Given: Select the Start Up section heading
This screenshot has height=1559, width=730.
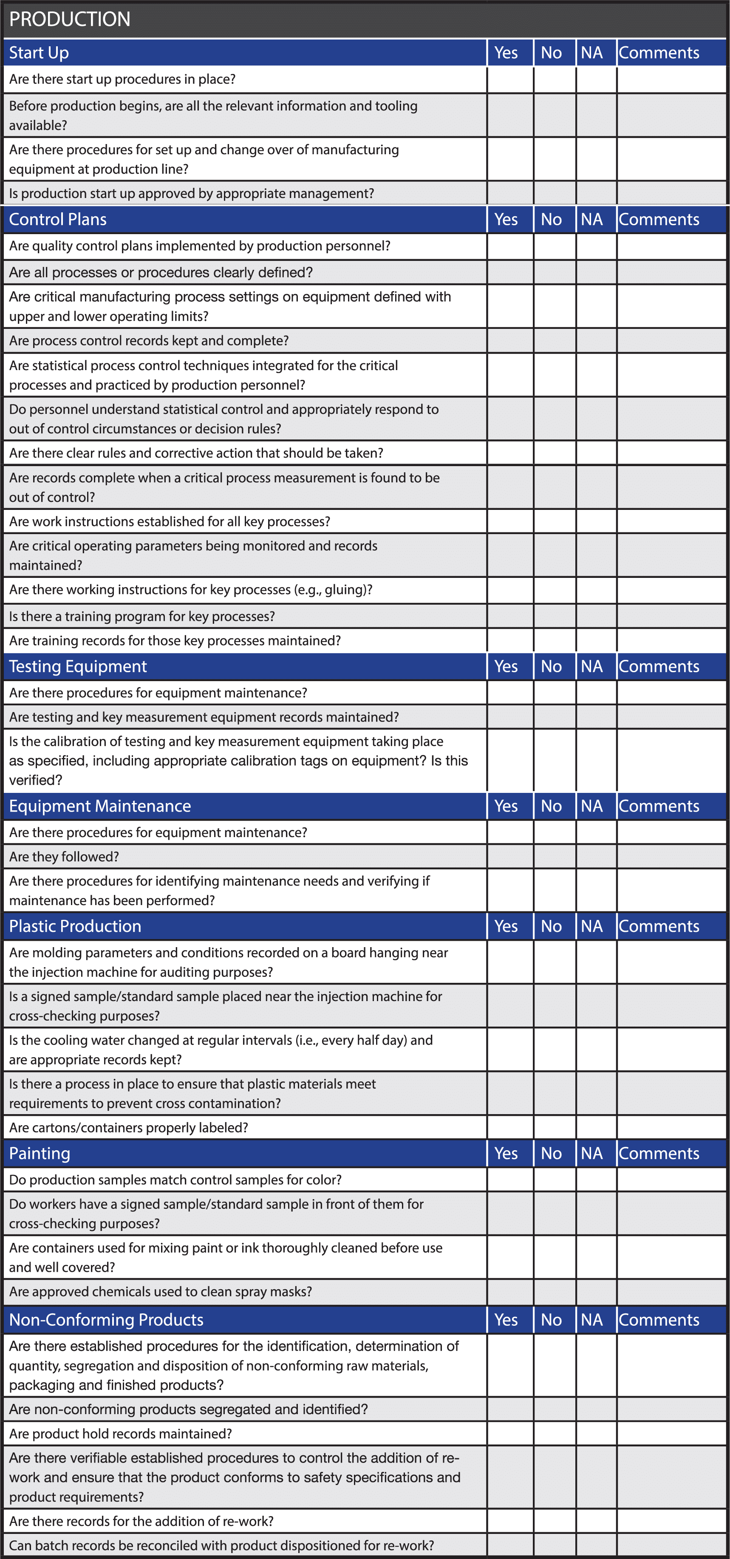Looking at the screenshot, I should [x=39, y=53].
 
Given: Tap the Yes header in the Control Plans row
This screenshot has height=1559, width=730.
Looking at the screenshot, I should [x=506, y=219].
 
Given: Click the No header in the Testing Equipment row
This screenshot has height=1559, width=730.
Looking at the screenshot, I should [x=552, y=666].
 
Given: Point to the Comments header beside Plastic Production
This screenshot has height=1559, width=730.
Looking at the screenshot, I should [x=659, y=926].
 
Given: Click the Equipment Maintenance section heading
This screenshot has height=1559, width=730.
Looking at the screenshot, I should [x=100, y=806].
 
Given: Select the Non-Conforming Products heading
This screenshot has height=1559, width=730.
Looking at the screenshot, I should [x=106, y=1320].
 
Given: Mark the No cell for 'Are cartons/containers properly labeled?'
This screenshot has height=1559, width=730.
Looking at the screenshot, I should [x=555, y=1127].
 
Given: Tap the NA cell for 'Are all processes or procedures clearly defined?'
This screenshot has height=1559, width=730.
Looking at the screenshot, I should [x=596, y=272].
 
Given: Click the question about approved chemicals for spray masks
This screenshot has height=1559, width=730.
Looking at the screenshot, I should [x=161, y=1291].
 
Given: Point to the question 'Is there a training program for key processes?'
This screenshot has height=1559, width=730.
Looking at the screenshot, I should [x=141, y=616].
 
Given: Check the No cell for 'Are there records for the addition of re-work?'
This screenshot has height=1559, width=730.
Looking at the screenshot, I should [x=555, y=1521].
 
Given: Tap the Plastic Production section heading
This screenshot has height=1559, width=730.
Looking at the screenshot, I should [x=75, y=926].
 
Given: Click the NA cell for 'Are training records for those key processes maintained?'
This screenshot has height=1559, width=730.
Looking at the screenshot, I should [x=596, y=641].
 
